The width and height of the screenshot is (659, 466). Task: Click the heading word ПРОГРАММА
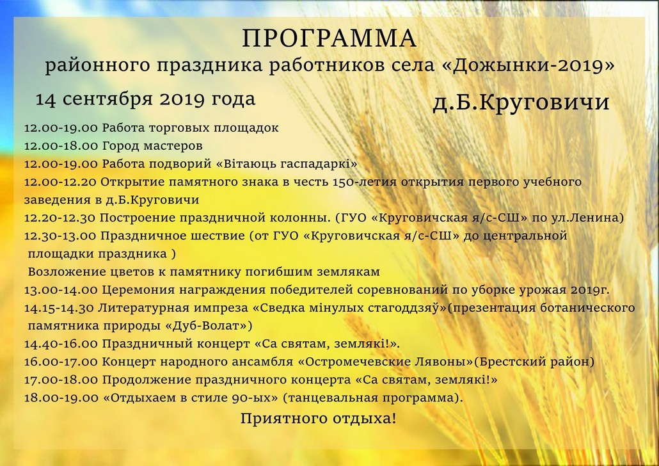[329, 38]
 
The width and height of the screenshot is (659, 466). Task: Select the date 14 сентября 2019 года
[145, 99]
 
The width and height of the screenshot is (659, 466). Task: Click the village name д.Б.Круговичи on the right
[521, 102]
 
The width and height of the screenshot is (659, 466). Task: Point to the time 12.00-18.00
[61, 146]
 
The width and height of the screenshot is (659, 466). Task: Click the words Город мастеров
[152, 146]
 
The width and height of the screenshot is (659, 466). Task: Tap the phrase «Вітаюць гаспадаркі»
[287, 164]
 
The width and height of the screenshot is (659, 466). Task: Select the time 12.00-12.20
[60, 182]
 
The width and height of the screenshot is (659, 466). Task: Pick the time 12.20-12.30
[60, 218]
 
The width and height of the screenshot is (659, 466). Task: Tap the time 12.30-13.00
[60, 236]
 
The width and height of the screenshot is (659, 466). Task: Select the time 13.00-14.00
[61, 290]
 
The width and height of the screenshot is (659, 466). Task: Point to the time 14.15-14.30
[59, 309]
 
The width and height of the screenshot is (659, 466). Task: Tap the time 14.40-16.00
[61, 344]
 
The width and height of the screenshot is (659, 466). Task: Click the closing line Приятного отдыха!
[318, 419]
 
